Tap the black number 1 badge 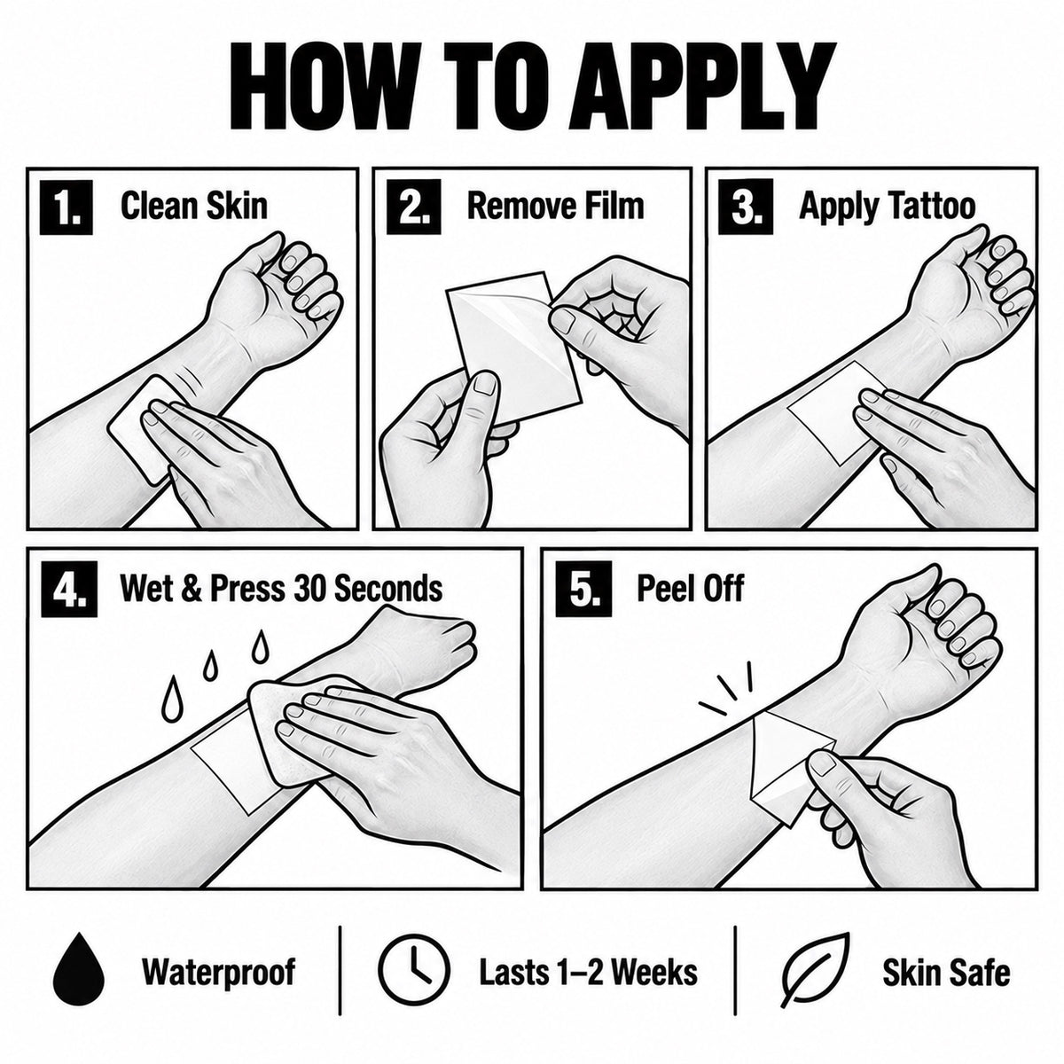pos(66,207)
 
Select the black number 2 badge pos(413,207)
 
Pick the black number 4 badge pos(69,589)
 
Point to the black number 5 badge pos(583,589)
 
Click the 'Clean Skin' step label pos(194,206)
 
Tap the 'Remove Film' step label pos(555,206)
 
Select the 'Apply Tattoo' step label pos(888,207)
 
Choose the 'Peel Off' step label pos(690,588)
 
